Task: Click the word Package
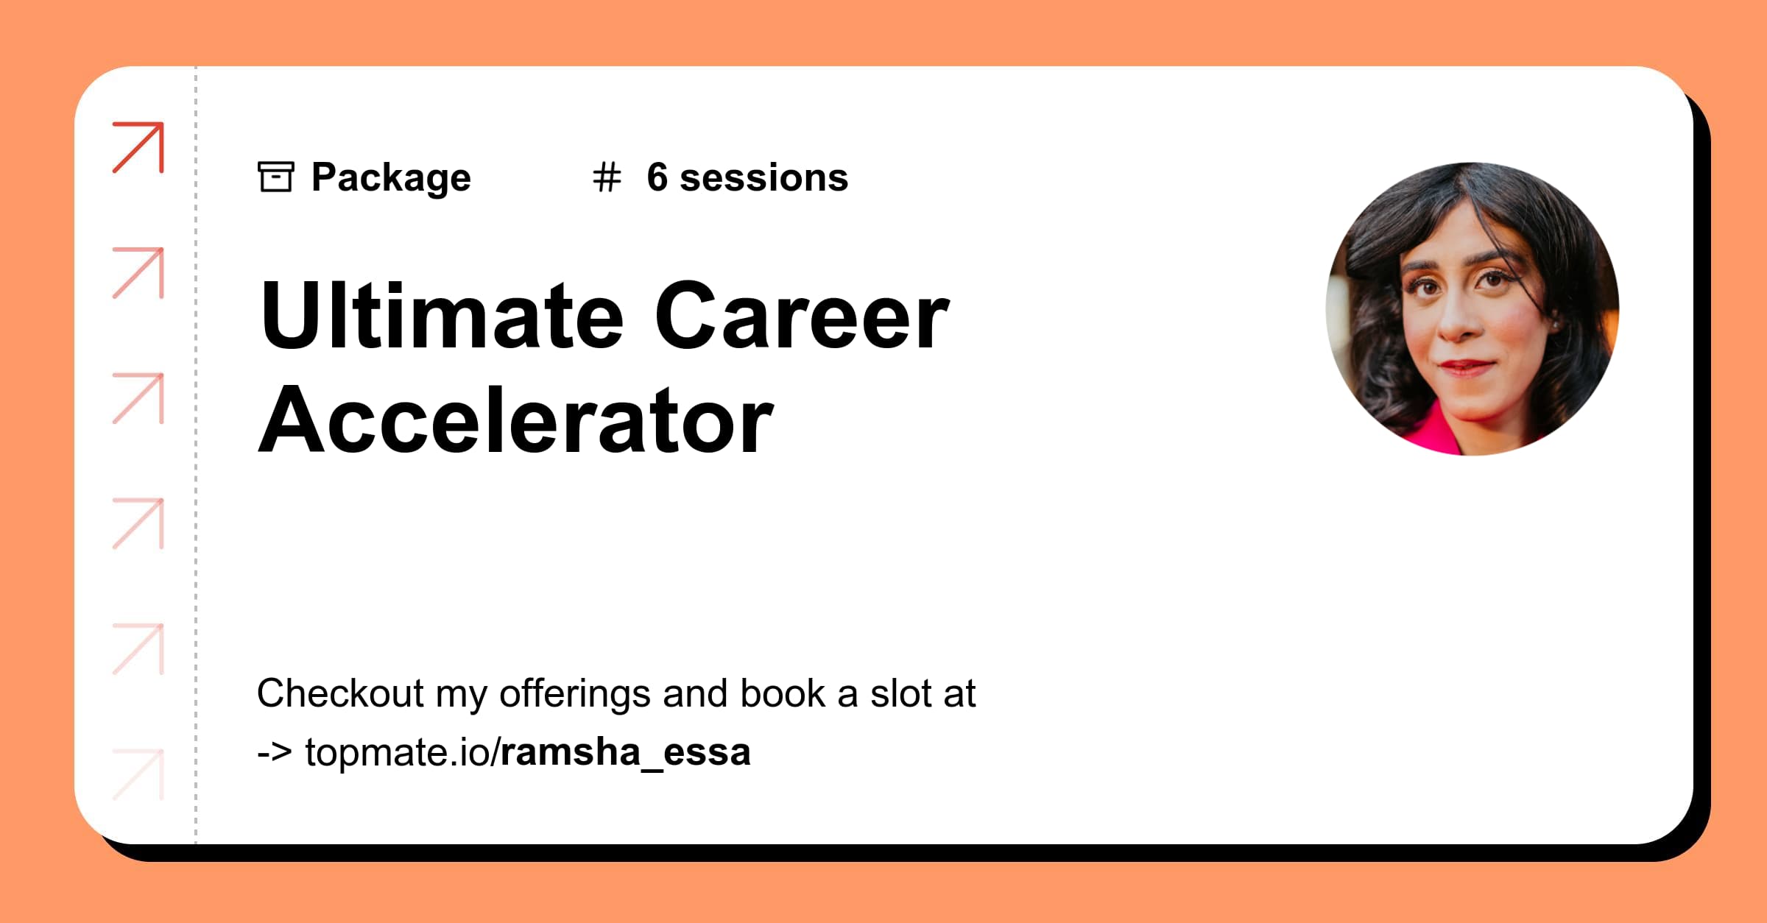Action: tap(391, 178)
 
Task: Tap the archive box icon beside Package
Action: tap(276, 177)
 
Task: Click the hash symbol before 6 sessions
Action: tap(607, 177)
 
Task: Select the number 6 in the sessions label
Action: tap(657, 177)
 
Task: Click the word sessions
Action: tap(763, 178)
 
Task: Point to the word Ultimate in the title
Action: tap(442, 316)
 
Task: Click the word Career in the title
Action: tap(802, 316)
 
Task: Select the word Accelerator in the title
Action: tap(515, 421)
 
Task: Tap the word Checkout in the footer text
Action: tap(340, 693)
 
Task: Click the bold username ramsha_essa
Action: tap(625, 752)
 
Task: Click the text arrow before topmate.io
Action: tap(275, 752)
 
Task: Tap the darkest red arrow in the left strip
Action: tap(138, 147)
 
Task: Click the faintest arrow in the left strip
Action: tap(138, 774)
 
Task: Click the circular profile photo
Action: tap(1472, 309)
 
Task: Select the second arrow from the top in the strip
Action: tap(138, 273)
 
